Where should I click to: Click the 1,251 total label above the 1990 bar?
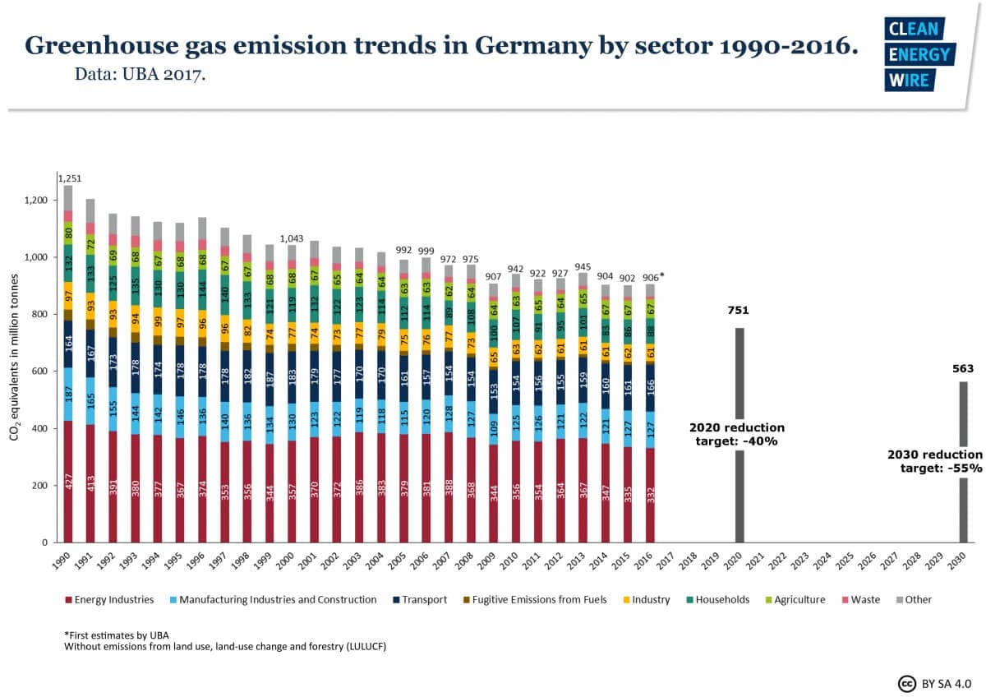pyautogui.click(x=68, y=178)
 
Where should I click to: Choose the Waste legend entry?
pyautogui.click(x=861, y=600)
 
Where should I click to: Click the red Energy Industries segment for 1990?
pyautogui.click(x=68, y=481)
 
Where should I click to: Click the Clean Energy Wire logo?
pyautogui.click(x=919, y=54)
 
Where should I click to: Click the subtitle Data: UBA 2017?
pyautogui.click(x=141, y=76)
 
